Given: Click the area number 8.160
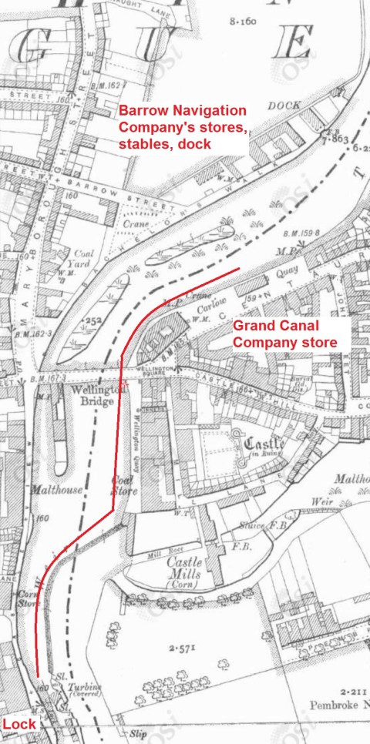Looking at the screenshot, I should pos(242,22).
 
